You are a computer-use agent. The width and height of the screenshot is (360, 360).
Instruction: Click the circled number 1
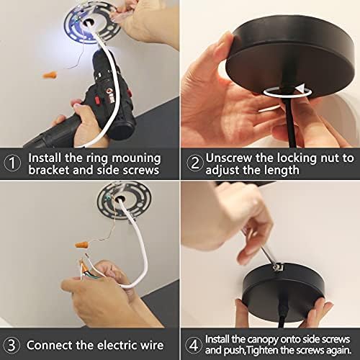coord(12,163)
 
